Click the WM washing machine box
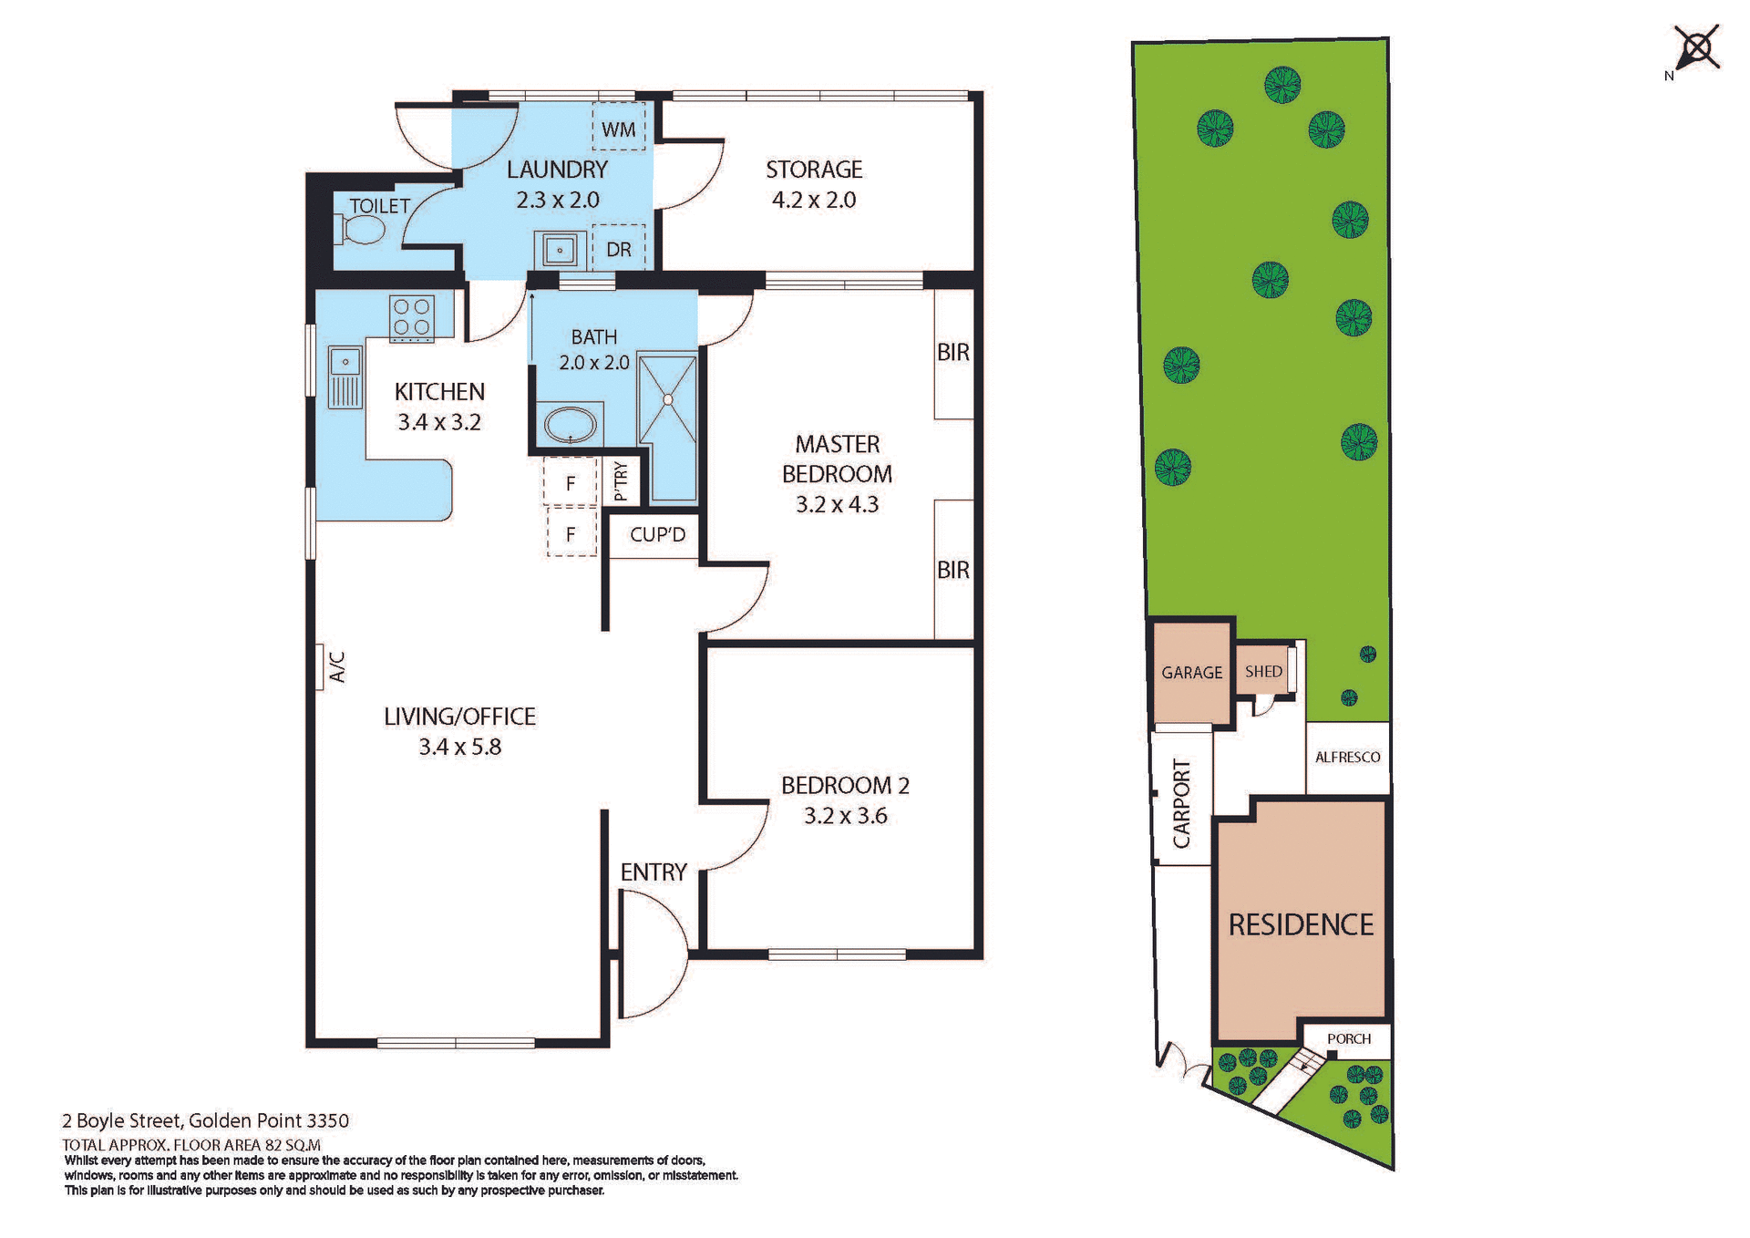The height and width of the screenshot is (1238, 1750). [x=619, y=128]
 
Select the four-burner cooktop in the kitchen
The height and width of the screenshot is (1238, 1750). [x=411, y=318]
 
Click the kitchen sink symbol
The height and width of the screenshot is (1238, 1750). [x=345, y=376]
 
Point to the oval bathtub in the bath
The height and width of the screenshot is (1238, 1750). [x=571, y=425]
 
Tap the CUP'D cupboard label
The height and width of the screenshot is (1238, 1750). [x=657, y=535]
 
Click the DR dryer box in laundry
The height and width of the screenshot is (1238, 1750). [x=619, y=249]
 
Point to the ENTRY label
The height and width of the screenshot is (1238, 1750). [x=654, y=872]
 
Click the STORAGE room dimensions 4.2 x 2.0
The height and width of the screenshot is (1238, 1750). [x=814, y=201]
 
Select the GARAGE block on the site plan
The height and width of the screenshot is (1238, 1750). [x=1191, y=673]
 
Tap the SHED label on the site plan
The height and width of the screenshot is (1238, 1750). [x=1263, y=672]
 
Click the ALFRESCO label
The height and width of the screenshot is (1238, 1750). [x=1347, y=758]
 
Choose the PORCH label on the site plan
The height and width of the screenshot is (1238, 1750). [x=1349, y=1039]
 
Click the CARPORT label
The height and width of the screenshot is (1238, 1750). [x=1181, y=803]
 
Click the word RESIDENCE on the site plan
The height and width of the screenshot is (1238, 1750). [x=1301, y=925]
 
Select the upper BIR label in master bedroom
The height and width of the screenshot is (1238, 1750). [x=953, y=353]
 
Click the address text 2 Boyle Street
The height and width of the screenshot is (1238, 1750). [x=122, y=1121]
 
